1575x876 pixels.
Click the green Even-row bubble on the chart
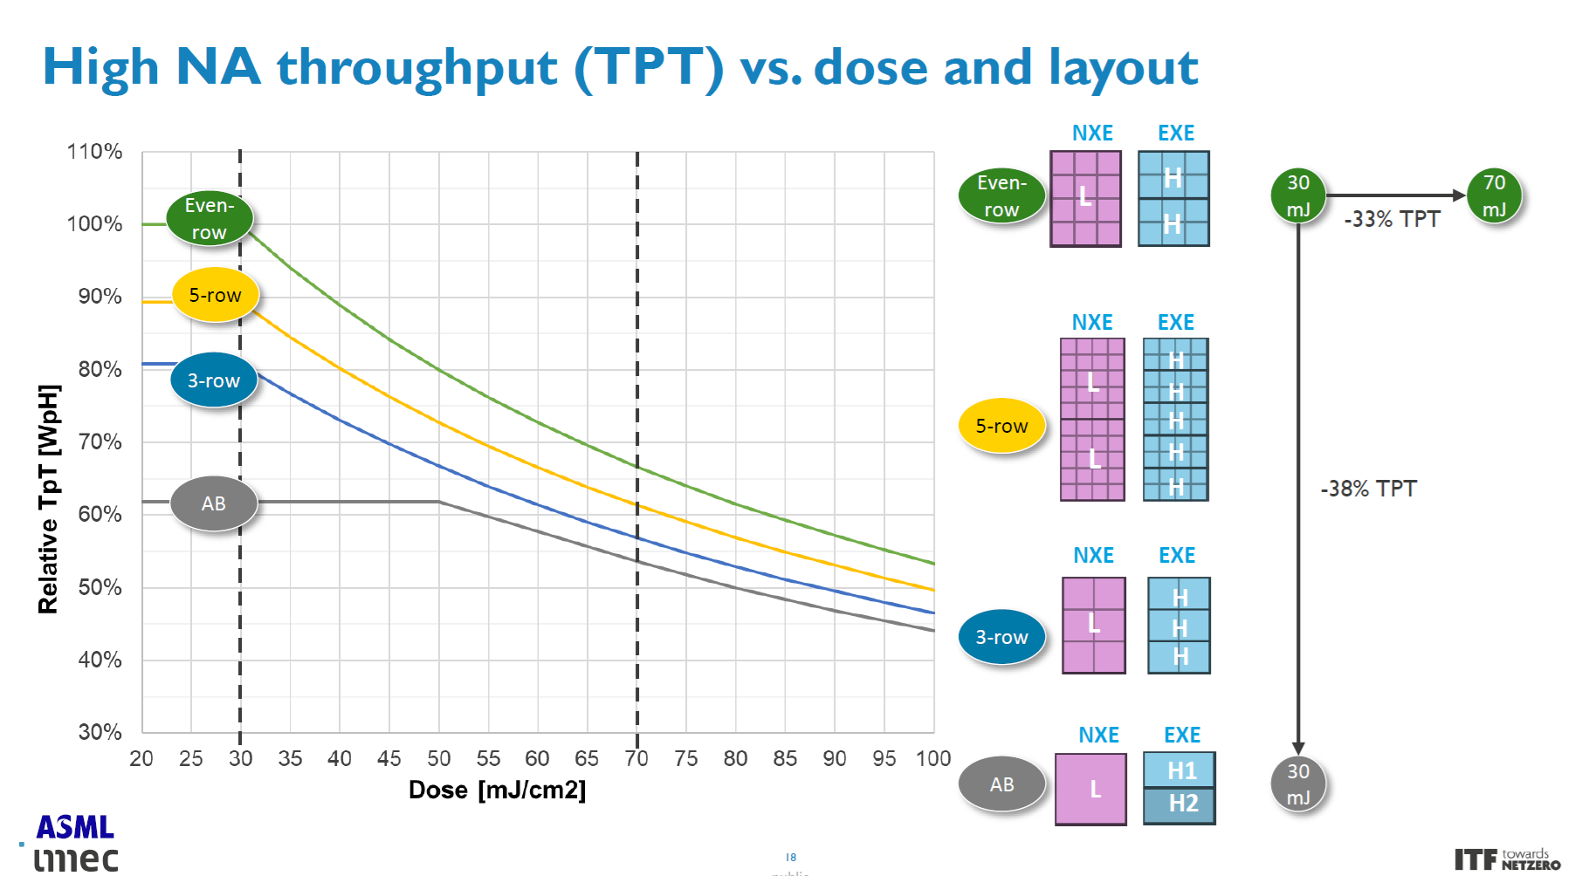[x=210, y=218]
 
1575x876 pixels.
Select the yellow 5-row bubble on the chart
[x=215, y=295]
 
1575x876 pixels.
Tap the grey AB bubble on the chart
[x=214, y=503]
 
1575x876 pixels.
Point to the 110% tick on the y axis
[x=94, y=152]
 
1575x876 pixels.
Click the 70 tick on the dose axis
[x=636, y=758]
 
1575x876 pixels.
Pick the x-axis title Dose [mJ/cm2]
[x=497, y=790]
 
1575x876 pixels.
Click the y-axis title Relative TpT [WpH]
[x=49, y=499]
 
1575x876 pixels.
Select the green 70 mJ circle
[x=1494, y=195]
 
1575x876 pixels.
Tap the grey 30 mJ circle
[x=1298, y=784]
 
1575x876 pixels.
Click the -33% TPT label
[x=1392, y=219]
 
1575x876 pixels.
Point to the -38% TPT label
[x=1368, y=489]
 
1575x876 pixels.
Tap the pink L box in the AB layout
[x=1091, y=789]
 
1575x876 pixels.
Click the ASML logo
[x=75, y=827]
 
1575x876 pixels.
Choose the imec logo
[x=76, y=859]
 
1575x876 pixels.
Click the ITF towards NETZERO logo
[x=1507, y=859]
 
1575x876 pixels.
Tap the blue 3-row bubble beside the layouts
[x=1001, y=637]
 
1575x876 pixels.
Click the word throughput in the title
[x=417, y=68]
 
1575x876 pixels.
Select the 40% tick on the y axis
[x=100, y=660]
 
